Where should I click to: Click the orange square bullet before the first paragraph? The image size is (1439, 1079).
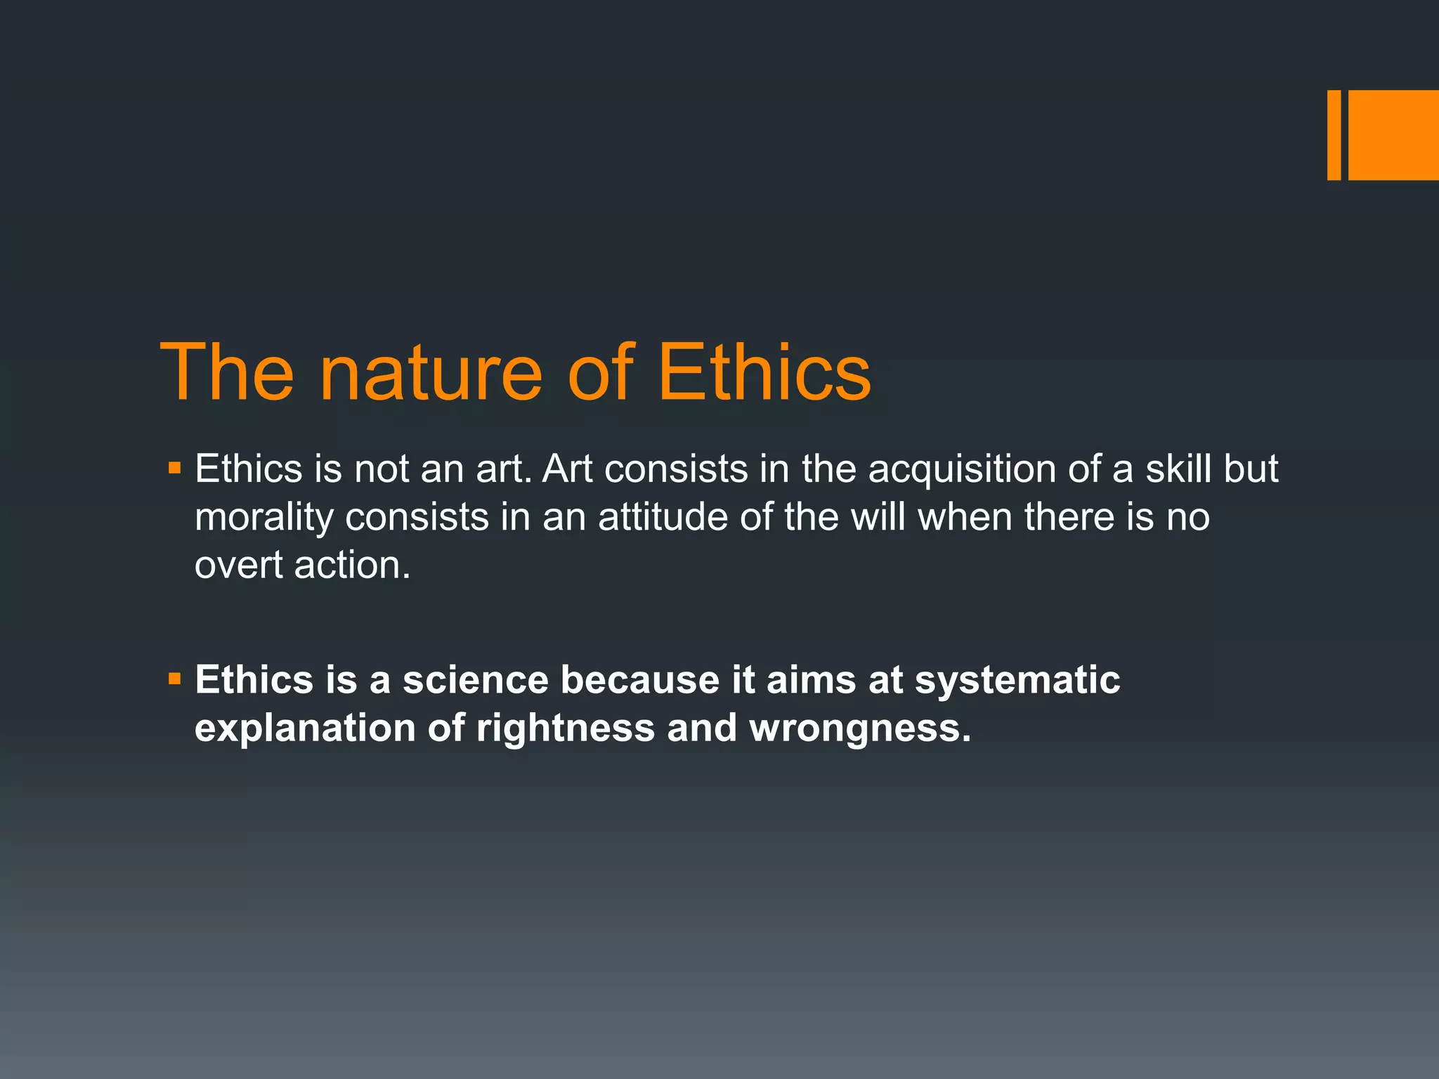click(x=175, y=467)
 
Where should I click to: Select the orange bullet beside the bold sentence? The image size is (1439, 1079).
click(x=175, y=679)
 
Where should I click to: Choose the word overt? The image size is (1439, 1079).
click(x=237, y=565)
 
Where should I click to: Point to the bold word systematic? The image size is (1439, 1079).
click(x=1017, y=680)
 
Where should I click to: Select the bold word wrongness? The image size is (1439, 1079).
click(x=859, y=728)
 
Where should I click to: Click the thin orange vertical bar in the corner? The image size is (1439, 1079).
click(x=1334, y=135)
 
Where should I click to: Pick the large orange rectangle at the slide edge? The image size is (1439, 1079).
click(x=1393, y=135)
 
